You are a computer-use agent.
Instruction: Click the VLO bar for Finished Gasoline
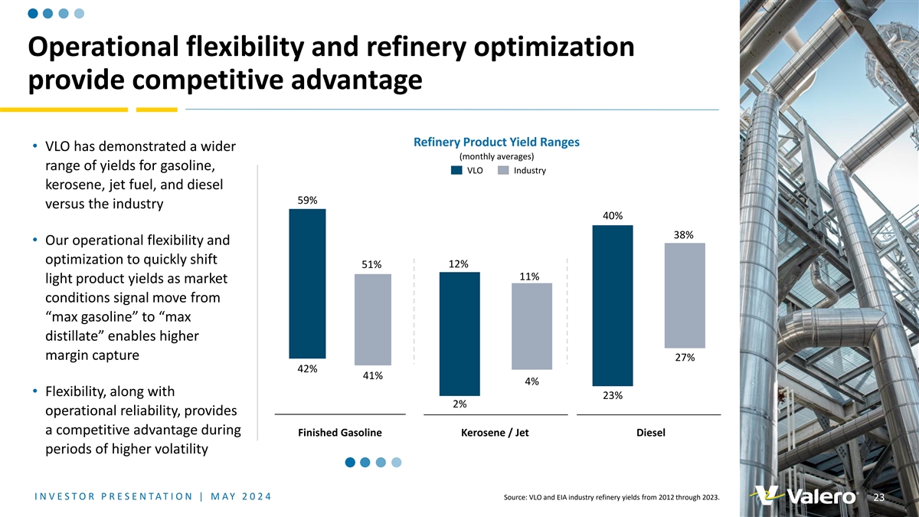[x=307, y=283]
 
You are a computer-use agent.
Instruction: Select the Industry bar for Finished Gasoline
[x=373, y=319]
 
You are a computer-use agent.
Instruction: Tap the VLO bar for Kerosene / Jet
[x=459, y=333]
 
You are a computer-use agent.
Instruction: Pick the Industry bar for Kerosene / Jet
[x=531, y=326]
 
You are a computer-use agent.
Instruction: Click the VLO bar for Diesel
[x=613, y=305]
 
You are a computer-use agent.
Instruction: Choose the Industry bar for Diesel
[x=685, y=296]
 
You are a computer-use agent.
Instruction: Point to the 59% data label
[x=307, y=201]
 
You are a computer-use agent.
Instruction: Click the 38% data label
[x=684, y=235]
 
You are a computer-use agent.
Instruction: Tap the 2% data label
[x=459, y=404]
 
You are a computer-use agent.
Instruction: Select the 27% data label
[x=685, y=358]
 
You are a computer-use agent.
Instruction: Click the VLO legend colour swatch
[x=456, y=171]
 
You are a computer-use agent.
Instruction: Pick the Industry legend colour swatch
[x=503, y=171]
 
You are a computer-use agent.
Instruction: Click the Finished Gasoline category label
[x=339, y=433]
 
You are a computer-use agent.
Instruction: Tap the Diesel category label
[x=650, y=433]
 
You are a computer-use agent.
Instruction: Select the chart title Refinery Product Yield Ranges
[x=496, y=142]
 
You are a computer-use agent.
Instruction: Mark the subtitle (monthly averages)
[x=496, y=157]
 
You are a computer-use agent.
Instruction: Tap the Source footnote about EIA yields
[x=611, y=498]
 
